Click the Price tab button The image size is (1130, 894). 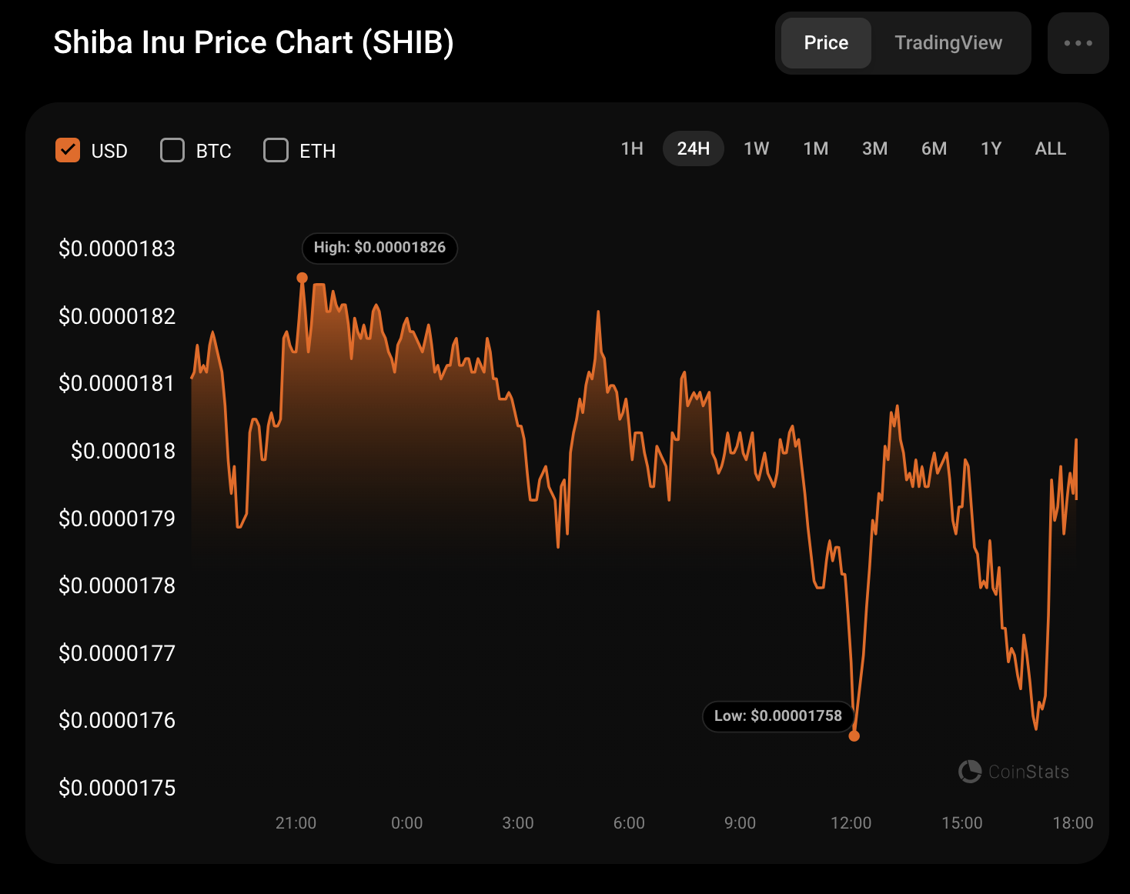(x=826, y=43)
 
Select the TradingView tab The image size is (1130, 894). (x=948, y=43)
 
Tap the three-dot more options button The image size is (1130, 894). (x=1078, y=43)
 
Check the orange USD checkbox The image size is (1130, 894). (x=68, y=150)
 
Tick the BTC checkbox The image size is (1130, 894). (x=172, y=150)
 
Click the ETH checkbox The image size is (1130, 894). (x=276, y=150)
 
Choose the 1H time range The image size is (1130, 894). (x=632, y=148)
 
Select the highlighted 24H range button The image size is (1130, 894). (x=693, y=148)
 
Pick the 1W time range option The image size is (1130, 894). (x=756, y=148)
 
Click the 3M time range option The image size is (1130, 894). (x=874, y=148)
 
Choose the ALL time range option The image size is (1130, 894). (x=1050, y=148)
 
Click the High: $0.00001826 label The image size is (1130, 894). (x=379, y=248)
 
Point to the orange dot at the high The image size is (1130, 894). (x=303, y=278)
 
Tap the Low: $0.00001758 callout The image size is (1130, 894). (x=777, y=716)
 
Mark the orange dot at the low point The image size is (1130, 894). (x=854, y=736)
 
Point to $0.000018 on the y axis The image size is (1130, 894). (x=123, y=451)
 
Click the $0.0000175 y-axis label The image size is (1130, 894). (x=117, y=788)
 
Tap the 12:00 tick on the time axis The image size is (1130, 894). (x=851, y=823)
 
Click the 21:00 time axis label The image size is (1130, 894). (x=296, y=823)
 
